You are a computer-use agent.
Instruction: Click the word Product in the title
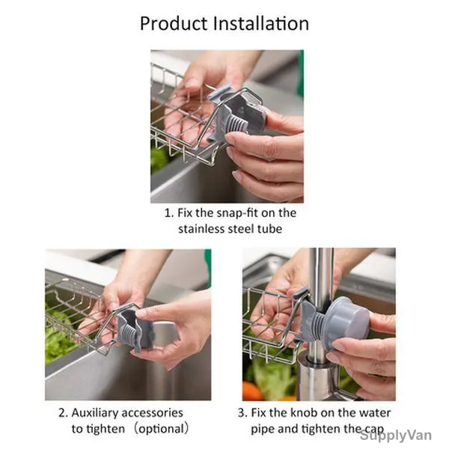[x=174, y=23]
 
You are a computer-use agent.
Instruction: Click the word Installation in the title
[x=261, y=23]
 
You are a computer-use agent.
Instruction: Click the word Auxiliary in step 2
[x=95, y=413]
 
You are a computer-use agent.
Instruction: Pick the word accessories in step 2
[x=153, y=413]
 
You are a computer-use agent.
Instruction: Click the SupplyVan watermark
[x=396, y=436]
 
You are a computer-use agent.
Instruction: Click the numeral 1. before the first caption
[x=169, y=213]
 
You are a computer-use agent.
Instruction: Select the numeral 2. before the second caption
[x=63, y=413]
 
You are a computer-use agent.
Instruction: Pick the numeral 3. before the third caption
[x=242, y=413]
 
